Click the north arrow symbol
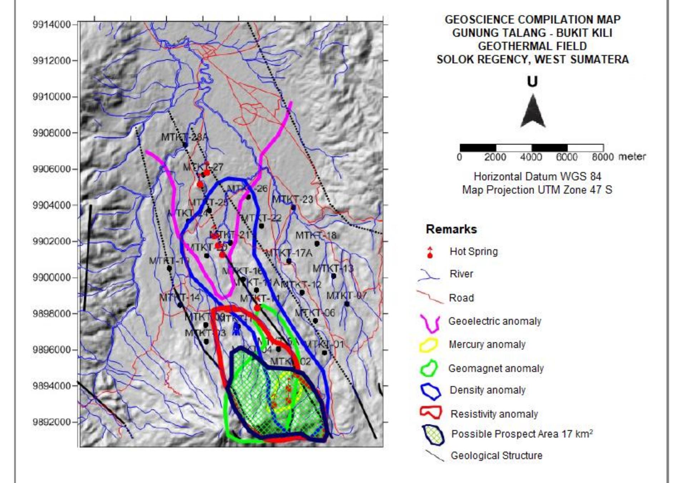532,111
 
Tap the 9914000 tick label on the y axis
51,25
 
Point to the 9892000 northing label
51,422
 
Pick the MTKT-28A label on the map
184,137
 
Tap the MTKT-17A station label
288,253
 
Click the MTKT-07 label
346,296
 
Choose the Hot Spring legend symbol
430,252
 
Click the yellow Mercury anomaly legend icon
429,345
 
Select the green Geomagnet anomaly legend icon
429,369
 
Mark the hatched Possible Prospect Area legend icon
433,435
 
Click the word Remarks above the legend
451,229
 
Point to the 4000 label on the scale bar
531,157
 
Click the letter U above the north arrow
532,82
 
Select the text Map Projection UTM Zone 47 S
537,190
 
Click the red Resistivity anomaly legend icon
430,413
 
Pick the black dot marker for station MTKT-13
334,276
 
